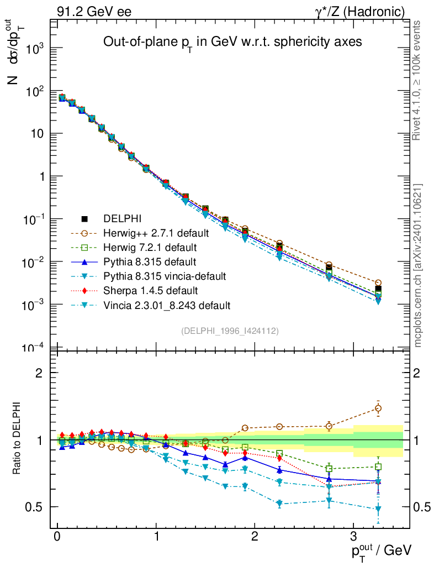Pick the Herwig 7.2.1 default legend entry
(143, 247)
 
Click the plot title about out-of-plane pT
(232, 43)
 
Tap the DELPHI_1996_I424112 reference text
(230, 331)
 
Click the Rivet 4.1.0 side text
(418, 80)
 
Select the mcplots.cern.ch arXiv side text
(418, 265)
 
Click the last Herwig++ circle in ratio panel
(378, 408)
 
